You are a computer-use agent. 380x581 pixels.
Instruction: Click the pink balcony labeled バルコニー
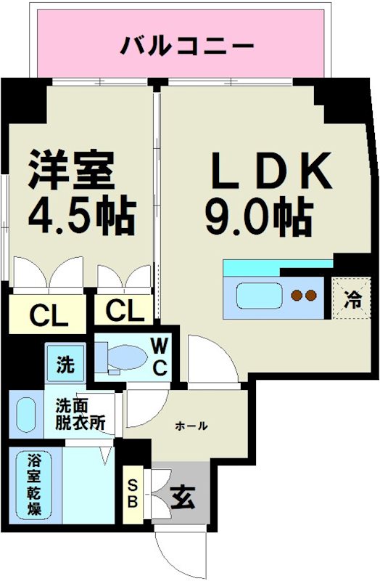178,46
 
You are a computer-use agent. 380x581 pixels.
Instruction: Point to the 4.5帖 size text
81,214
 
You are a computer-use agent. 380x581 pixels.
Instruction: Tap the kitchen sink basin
259,297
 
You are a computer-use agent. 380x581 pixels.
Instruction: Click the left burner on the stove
296,296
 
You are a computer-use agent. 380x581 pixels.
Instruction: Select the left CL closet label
49,316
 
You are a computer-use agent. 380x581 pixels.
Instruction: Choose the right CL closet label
125,312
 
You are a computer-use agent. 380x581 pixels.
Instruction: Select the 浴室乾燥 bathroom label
34,484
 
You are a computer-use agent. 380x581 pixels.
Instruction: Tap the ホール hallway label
191,426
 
